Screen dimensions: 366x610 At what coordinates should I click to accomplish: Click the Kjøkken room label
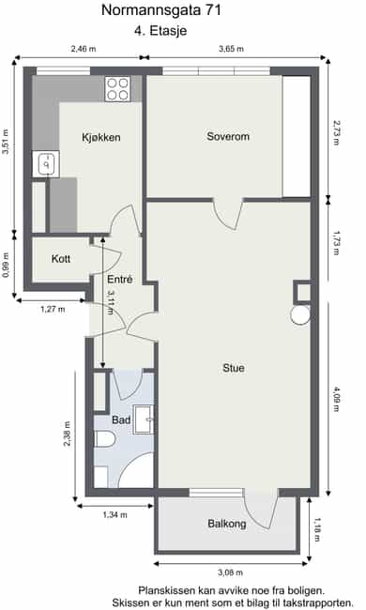[100, 137]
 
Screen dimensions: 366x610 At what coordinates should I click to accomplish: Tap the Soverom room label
[228, 136]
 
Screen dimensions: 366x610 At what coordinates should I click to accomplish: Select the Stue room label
[234, 368]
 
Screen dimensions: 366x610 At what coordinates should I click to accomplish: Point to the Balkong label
[227, 524]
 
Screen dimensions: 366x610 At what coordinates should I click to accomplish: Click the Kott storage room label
[61, 259]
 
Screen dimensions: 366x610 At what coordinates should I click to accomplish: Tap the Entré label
[120, 279]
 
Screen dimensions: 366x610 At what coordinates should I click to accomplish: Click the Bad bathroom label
[121, 419]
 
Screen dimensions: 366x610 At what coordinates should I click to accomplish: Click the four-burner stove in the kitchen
[118, 89]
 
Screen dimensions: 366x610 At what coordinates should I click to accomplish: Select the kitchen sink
[46, 164]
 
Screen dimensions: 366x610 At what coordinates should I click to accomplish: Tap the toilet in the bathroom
[105, 439]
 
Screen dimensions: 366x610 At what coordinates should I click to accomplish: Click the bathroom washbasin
[144, 419]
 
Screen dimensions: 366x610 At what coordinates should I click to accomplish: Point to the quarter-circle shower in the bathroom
[136, 470]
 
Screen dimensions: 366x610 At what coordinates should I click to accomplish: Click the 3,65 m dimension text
[231, 49]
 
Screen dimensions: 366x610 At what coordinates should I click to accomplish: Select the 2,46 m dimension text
[84, 49]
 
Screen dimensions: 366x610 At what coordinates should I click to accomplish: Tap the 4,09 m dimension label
[336, 399]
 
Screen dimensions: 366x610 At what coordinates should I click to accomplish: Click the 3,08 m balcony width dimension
[230, 572]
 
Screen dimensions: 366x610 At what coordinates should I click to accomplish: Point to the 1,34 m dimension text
[114, 514]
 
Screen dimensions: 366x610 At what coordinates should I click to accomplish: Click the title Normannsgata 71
[161, 10]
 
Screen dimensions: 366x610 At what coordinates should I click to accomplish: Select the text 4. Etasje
[160, 30]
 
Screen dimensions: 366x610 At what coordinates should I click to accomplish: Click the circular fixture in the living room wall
[300, 315]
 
